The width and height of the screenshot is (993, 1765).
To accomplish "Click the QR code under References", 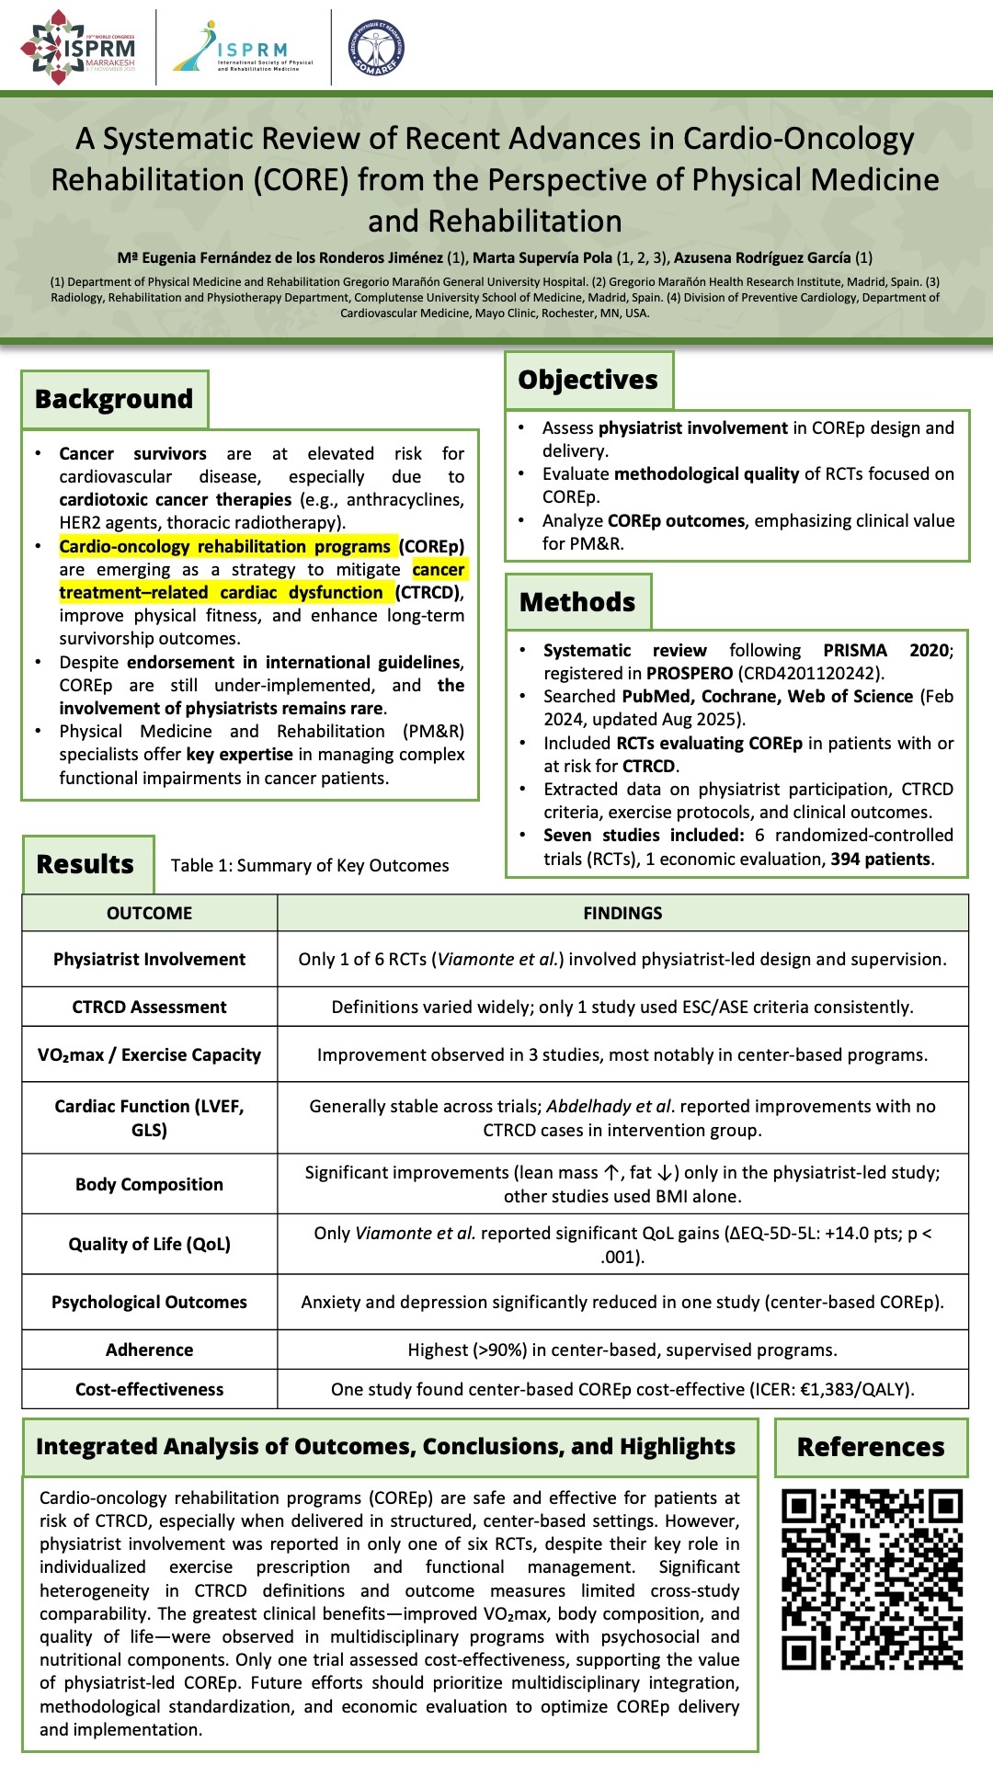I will pyautogui.click(x=872, y=1578).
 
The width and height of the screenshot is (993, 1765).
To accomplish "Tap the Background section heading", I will pyautogui.click(x=114, y=399).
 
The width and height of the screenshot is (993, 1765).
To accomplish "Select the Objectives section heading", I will pyautogui.click(x=588, y=380).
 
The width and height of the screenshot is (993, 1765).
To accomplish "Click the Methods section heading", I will pyautogui.click(x=577, y=602).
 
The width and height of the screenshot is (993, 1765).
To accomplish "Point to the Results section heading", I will pyautogui.click(x=86, y=864).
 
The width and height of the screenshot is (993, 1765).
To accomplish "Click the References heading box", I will pyautogui.click(x=871, y=1447).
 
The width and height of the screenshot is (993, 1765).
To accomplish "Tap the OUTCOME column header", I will pyautogui.click(x=149, y=913).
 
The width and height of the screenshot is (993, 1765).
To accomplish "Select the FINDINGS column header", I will pyautogui.click(x=622, y=913).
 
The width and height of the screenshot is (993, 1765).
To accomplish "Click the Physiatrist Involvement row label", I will pyautogui.click(x=149, y=959).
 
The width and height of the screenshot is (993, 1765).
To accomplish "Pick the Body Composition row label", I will pyautogui.click(x=149, y=1184).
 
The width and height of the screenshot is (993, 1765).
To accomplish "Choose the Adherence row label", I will pyautogui.click(x=149, y=1349).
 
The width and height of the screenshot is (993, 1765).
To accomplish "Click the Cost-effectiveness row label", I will pyautogui.click(x=149, y=1389).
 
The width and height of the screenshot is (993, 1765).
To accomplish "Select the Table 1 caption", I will pyautogui.click(x=310, y=865).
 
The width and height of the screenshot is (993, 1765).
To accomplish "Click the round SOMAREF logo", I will pyautogui.click(x=376, y=48).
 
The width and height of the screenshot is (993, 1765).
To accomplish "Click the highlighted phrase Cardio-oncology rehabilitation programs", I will pyautogui.click(x=224, y=546).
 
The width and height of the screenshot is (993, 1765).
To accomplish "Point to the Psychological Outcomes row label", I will pyautogui.click(x=149, y=1302).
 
